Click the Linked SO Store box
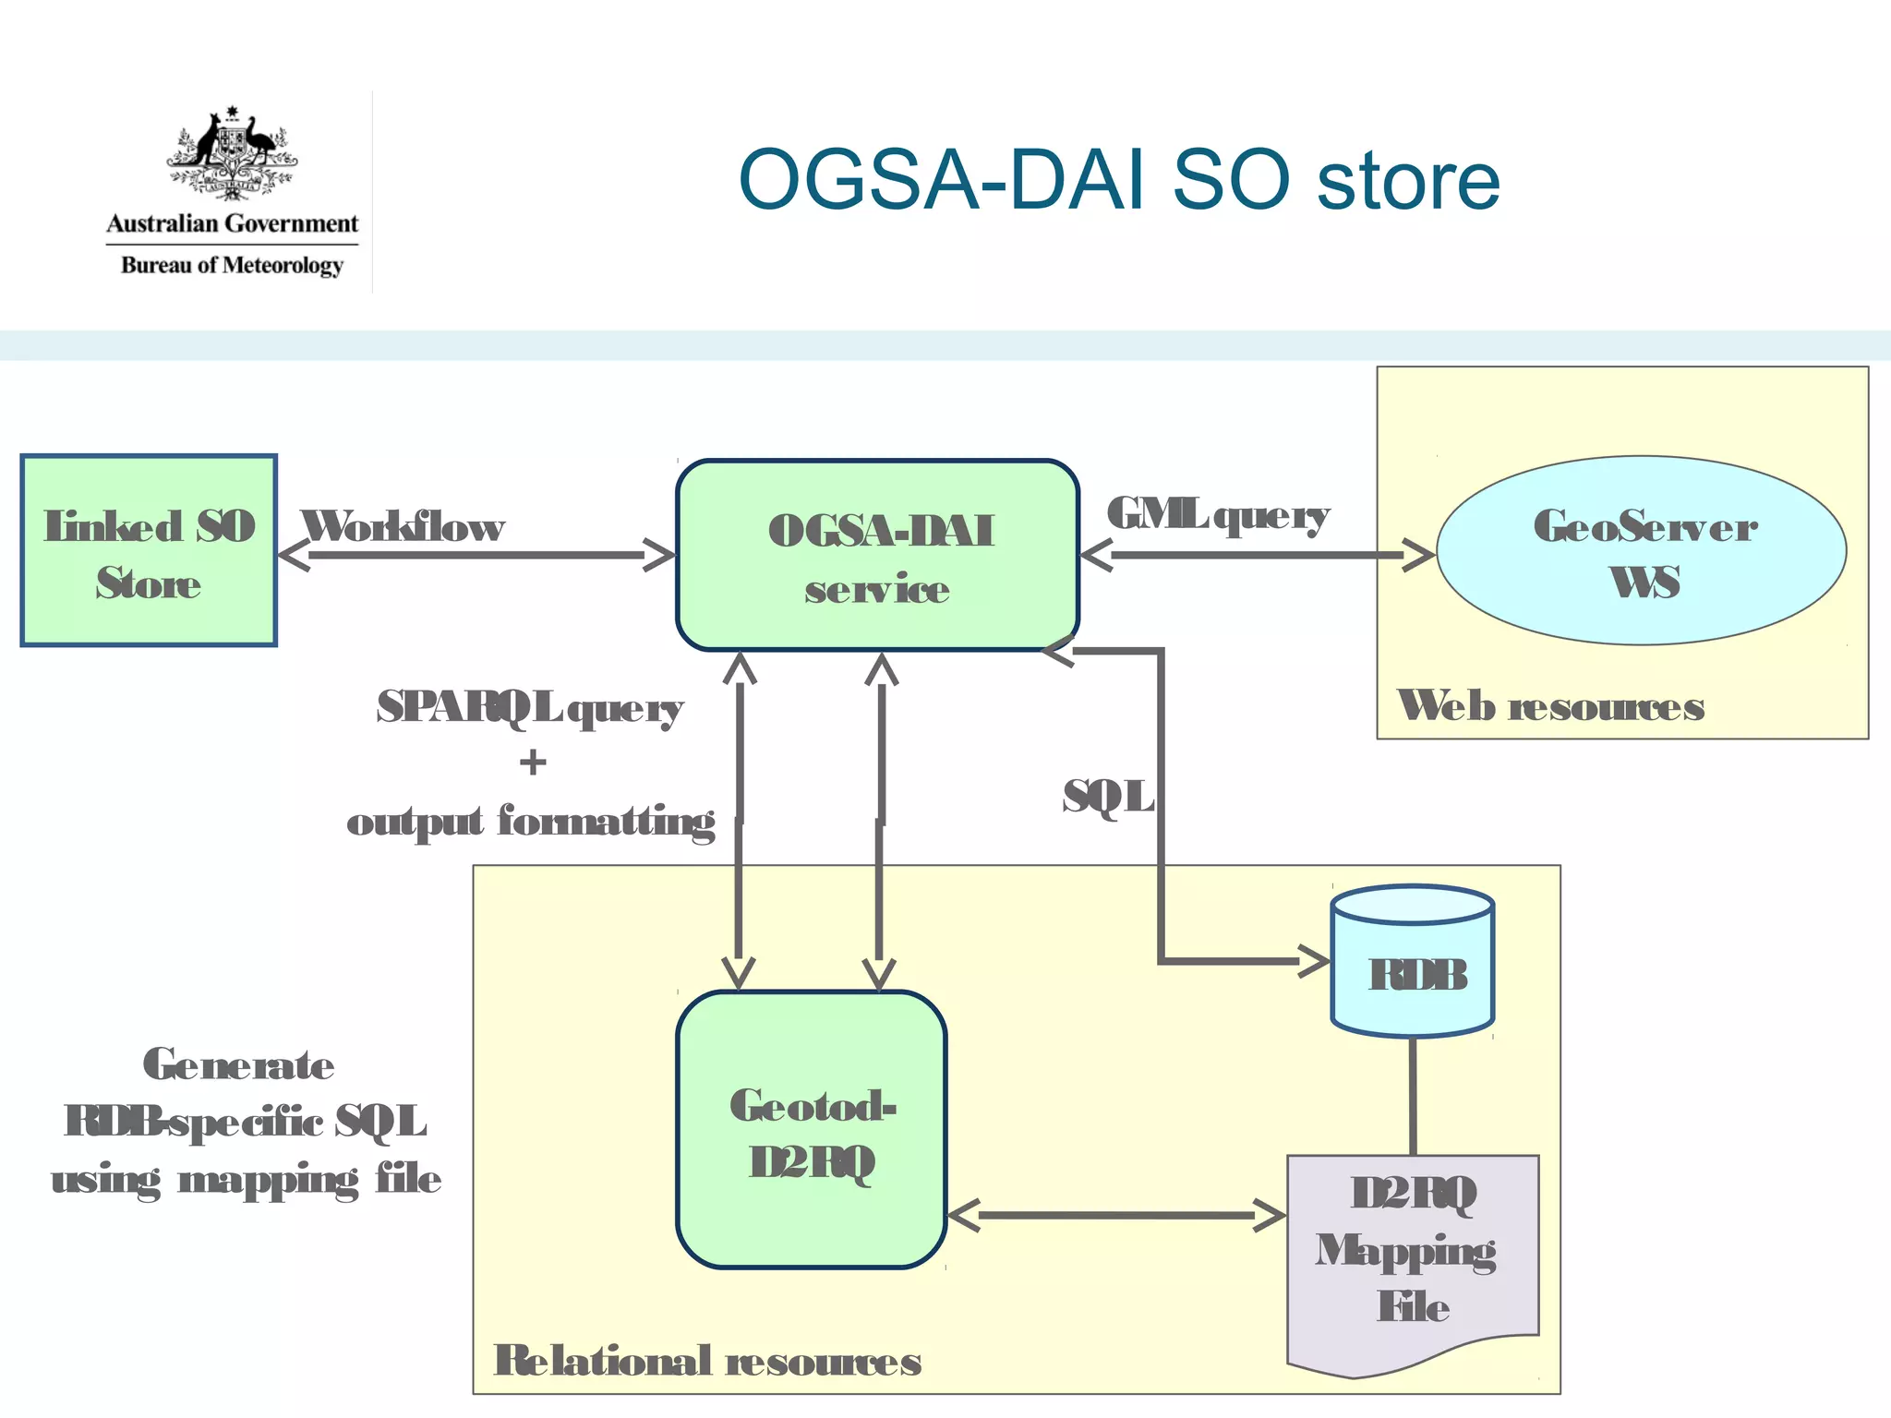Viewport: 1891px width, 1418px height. point(148,551)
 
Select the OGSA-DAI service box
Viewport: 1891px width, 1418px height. point(877,556)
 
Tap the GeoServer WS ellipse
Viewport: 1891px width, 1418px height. point(1642,551)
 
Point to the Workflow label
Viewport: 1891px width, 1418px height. point(403,527)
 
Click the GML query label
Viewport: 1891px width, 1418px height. point(1218,515)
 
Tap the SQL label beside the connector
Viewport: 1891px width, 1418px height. point(1108,797)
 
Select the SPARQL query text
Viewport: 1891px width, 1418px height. point(530,708)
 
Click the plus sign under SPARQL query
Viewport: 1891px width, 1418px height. point(533,763)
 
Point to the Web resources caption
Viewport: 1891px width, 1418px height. point(1550,706)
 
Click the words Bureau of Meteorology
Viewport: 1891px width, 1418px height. point(232,266)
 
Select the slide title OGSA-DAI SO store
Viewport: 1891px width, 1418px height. point(1118,180)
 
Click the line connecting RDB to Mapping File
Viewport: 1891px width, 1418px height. point(1413,1096)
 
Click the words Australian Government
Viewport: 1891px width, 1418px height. point(232,223)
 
